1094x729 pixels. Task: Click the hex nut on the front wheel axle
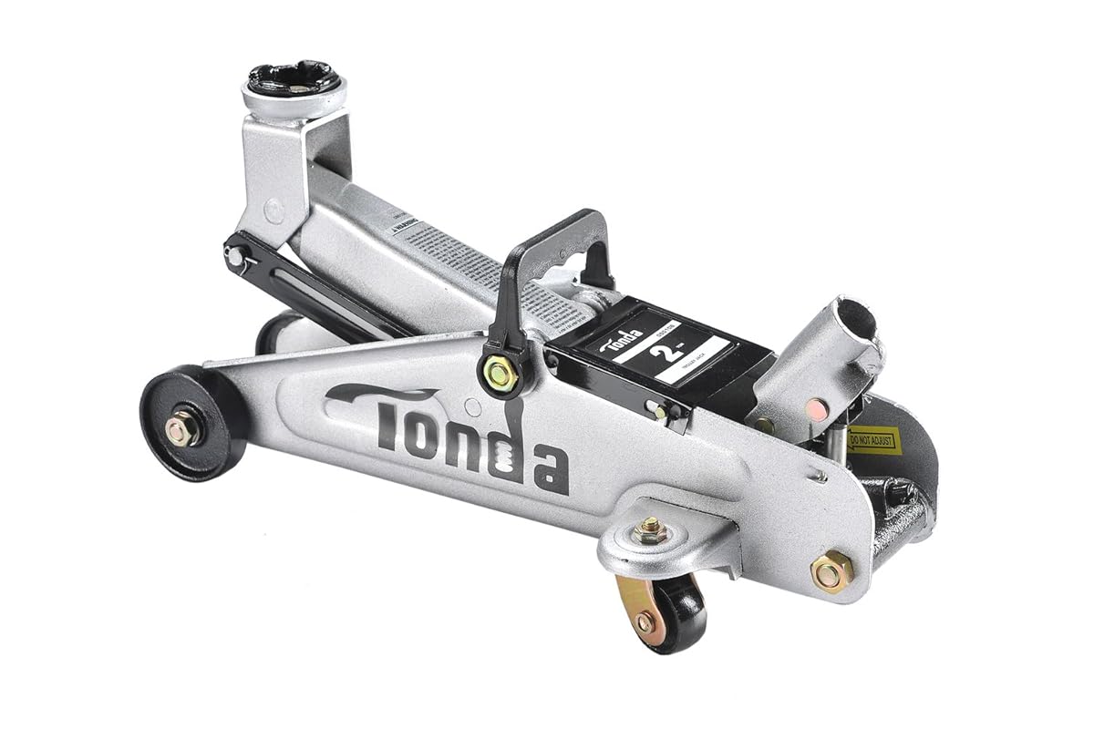coord(182,428)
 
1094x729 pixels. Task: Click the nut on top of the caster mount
coord(650,531)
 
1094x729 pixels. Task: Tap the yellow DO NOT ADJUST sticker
coord(872,440)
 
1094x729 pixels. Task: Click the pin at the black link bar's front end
coord(236,258)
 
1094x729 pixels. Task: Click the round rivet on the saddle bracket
coord(271,208)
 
